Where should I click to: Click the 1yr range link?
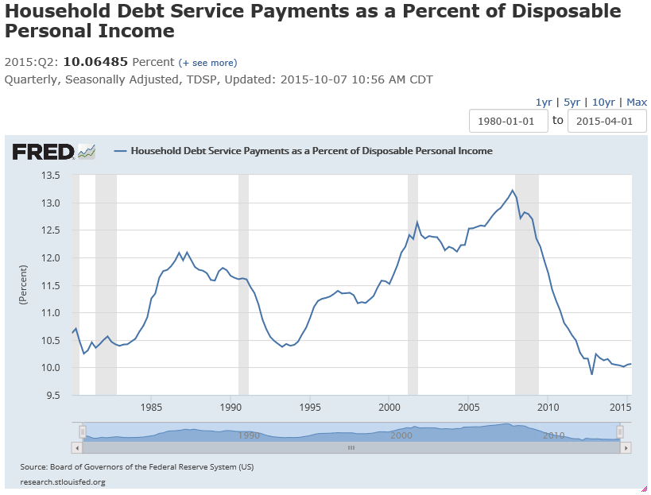coord(544,102)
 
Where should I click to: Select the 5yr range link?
coord(572,102)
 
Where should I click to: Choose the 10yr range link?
coord(603,102)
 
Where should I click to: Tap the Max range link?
coord(637,102)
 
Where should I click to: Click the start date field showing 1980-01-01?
coord(509,121)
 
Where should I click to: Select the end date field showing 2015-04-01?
coord(606,121)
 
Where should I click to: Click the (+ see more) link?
coord(207,63)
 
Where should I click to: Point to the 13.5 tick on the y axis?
coord(50,176)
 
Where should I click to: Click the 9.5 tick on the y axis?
coord(52,395)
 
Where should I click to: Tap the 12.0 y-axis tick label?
coord(50,258)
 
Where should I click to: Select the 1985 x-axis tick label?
coord(152,408)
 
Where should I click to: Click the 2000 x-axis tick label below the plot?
coord(389,408)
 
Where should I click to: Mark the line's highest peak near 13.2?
coord(512,190)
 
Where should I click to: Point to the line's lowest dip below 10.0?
coord(591,373)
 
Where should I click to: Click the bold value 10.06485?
coord(95,62)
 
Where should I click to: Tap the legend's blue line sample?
coord(121,151)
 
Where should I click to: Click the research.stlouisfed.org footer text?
coord(63,481)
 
